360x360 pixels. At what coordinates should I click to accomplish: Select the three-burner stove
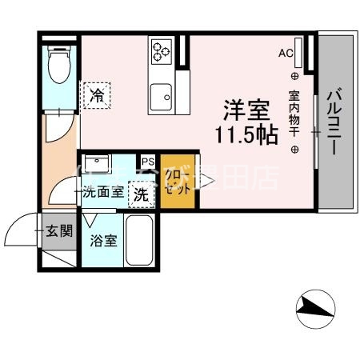tap(161, 51)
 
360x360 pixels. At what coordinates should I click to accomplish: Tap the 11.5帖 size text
tap(245, 134)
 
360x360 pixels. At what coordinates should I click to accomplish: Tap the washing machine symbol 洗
tap(141, 193)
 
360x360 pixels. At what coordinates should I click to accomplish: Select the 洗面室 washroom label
tap(104, 192)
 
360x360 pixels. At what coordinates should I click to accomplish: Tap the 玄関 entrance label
tap(60, 232)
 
